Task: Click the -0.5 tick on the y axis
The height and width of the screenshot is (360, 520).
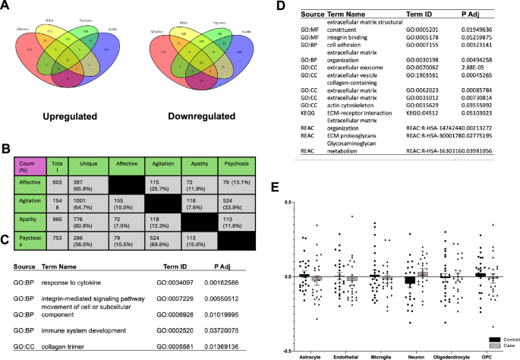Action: pos(286,351)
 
